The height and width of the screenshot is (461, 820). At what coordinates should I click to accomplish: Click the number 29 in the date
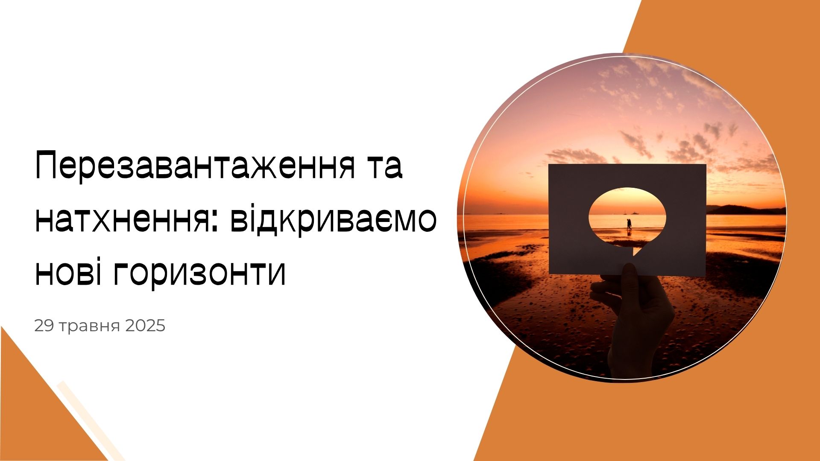tap(44, 326)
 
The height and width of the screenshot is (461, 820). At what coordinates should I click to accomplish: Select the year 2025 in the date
tap(146, 326)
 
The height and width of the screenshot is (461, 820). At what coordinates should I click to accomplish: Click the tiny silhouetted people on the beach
tap(629, 225)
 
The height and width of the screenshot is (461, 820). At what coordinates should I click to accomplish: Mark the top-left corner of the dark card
tap(549, 165)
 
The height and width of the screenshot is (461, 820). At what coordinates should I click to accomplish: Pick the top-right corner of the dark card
tap(706, 164)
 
